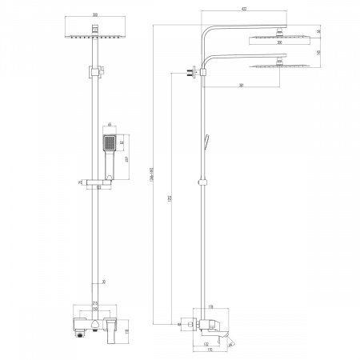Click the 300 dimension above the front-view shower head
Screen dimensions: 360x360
pos(95,15)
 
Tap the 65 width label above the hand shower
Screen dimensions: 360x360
pos(110,126)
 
